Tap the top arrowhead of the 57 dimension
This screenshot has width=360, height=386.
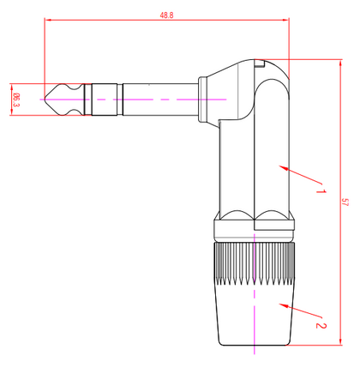coord(337,62)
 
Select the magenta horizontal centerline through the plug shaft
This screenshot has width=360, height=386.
coord(137,100)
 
